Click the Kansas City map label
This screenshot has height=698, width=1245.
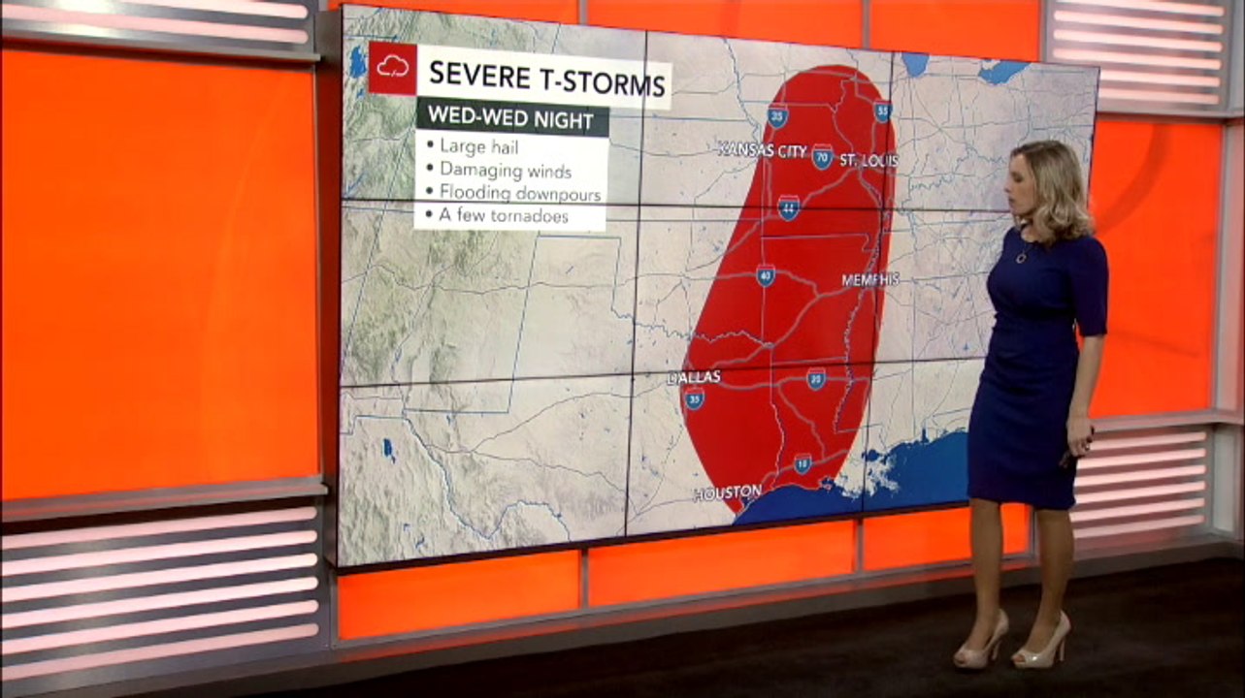pyautogui.click(x=762, y=150)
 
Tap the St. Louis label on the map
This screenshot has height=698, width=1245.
pyautogui.click(x=868, y=160)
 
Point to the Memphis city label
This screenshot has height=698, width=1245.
pyautogui.click(x=869, y=280)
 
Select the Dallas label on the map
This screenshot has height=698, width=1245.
pyautogui.click(x=695, y=377)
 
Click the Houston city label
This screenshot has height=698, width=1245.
pyautogui.click(x=727, y=493)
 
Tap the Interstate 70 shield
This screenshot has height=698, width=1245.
pyautogui.click(x=822, y=156)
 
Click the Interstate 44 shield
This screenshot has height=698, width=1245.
pyautogui.click(x=788, y=207)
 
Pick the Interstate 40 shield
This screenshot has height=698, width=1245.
pyautogui.click(x=766, y=275)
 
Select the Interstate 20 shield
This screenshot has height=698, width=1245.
pyautogui.click(x=816, y=379)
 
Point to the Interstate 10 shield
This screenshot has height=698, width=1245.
pyautogui.click(x=803, y=464)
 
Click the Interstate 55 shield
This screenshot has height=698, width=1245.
pyautogui.click(x=882, y=111)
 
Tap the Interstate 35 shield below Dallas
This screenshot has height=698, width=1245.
pyautogui.click(x=694, y=398)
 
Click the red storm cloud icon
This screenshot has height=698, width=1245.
pyautogui.click(x=392, y=68)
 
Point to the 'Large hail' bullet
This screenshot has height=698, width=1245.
pyautogui.click(x=479, y=146)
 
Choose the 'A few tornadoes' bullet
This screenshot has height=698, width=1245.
pyautogui.click(x=503, y=216)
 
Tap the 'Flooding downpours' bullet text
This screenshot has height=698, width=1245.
pyautogui.click(x=519, y=193)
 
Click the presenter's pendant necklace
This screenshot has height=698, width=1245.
pyautogui.click(x=1022, y=257)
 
